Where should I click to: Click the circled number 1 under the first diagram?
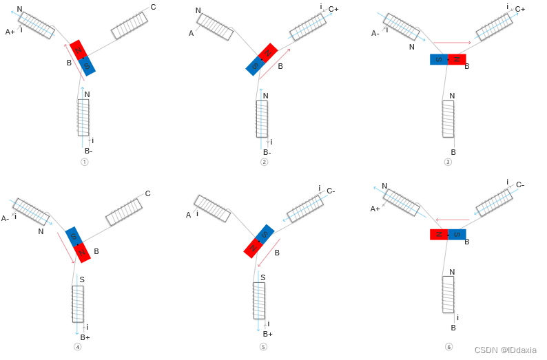click(x=85, y=162)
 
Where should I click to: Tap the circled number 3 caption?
click(x=448, y=162)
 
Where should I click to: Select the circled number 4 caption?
click(x=77, y=346)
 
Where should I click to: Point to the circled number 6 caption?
click(x=448, y=346)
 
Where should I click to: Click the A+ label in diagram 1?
click(x=10, y=32)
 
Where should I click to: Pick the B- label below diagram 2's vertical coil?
click(x=267, y=152)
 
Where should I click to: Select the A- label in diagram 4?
click(x=6, y=218)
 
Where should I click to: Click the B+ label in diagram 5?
click(x=268, y=334)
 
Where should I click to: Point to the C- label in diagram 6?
click(x=520, y=184)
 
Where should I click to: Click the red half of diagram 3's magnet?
click(x=457, y=59)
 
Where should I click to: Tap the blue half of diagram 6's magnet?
click(x=457, y=234)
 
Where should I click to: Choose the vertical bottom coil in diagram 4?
click(x=78, y=304)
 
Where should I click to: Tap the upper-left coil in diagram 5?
click(x=212, y=209)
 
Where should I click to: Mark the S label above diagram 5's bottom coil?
click(x=262, y=277)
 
